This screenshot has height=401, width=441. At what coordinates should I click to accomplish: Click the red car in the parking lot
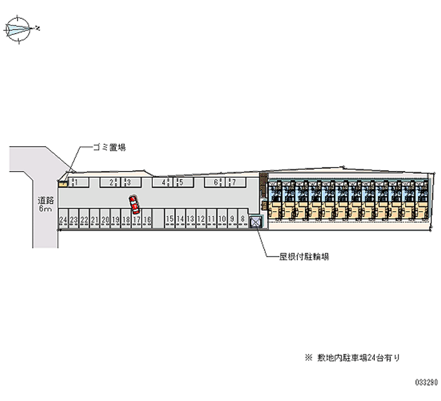[134, 204]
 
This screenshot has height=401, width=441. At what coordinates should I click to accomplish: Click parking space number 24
[63, 220]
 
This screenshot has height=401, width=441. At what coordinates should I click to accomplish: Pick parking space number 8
[242, 220]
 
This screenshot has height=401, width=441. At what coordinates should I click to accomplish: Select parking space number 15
[170, 220]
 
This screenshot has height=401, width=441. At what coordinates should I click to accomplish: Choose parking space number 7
[233, 182]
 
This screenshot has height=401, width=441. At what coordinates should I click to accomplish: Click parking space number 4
[164, 182]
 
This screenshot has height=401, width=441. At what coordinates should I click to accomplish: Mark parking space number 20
[105, 220]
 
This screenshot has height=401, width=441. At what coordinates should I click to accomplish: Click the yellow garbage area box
[63, 183]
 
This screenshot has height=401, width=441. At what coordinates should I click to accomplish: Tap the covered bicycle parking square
[256, 222]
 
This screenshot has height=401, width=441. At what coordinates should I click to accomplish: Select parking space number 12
[201, 220]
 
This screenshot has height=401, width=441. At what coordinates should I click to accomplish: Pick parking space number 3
[128, 182]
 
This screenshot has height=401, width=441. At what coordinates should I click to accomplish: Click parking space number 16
[147, 220]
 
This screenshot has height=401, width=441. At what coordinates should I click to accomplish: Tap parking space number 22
[84, 220]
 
